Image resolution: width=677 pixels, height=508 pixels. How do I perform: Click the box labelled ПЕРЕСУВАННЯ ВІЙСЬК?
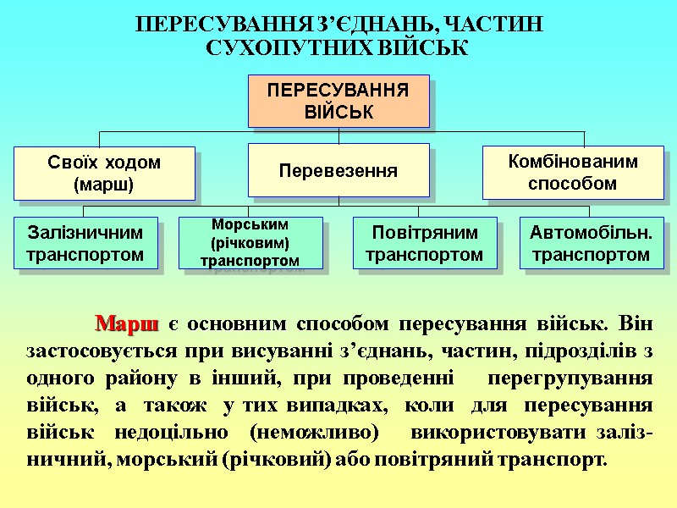(338, 101)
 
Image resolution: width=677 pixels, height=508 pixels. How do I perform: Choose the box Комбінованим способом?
(572, 172)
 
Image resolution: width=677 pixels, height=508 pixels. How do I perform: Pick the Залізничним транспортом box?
(85, 243)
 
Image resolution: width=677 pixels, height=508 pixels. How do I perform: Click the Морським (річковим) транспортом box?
(250, 243)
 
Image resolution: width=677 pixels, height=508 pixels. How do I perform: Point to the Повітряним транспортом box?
(425, 243)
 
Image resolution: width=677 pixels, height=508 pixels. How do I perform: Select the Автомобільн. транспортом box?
(590, 243)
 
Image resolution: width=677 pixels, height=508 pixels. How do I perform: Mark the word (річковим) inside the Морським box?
(250, 243)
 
